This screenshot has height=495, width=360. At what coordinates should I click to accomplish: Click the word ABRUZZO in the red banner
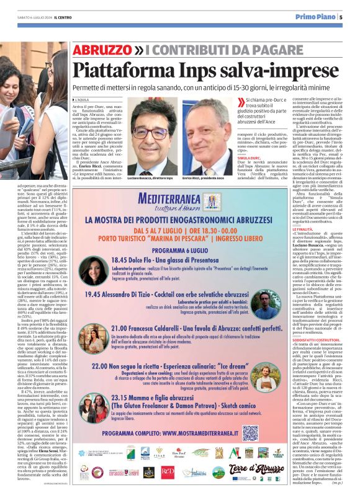(101, 49)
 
